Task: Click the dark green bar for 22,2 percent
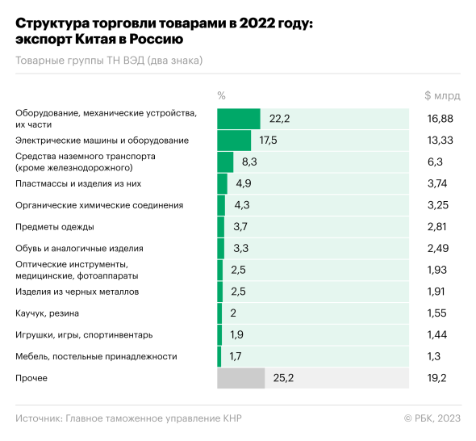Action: [239, 119]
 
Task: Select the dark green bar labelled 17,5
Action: [234, 140]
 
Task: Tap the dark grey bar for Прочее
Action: [240, 378]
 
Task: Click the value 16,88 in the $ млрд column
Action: [440, 119]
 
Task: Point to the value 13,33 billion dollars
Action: [440, 140]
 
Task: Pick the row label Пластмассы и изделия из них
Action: [78, 183]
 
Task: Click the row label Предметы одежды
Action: [55, 227]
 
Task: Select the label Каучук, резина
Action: [47, 313]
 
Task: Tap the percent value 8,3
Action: [249, 162]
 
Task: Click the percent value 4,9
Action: [244, 183]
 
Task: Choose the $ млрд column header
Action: [442, 96]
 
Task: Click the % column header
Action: [221, 96]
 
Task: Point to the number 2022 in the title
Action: [257, 23]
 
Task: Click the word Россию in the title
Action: [156, 40]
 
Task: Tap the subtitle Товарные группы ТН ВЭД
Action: [80, 61]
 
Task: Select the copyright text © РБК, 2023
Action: [432, 418]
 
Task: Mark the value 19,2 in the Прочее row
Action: [436, 378]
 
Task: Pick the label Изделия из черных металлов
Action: [77, 292]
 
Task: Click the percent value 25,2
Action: [283, 378]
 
